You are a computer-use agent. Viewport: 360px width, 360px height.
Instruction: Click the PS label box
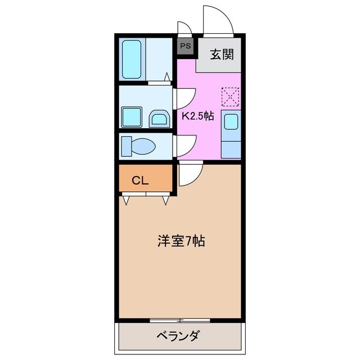pyautogui.click(x=185, y=46)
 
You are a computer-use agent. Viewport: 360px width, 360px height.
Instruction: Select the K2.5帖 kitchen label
pyautogui.click(x=197, y=116)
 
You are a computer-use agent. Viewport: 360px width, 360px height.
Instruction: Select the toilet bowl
pyautogui.click(x=138, y=146)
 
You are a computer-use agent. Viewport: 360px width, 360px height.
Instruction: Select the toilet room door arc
pyautogui.click(x=186, y=145)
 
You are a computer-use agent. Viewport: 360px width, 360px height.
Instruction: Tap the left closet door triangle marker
pyautogui.click(x=125, y=199)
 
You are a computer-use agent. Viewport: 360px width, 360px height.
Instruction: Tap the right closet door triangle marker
pyautogui.click(x=165, y=199)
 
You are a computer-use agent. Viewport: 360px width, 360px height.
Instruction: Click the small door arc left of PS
pyautogui.click(x=184, y=28)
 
